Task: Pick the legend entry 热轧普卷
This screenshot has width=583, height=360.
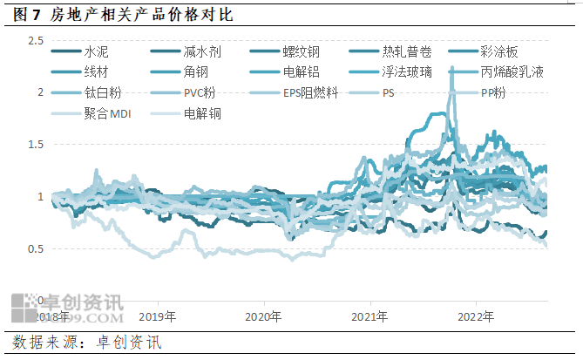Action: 404,52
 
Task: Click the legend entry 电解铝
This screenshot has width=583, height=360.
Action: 302,72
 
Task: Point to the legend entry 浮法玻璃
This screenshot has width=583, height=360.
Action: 404,72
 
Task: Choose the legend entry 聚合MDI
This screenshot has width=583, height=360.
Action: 106,112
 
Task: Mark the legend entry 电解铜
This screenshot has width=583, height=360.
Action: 202,112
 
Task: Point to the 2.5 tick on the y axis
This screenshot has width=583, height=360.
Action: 36,41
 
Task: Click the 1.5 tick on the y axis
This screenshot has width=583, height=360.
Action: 36,145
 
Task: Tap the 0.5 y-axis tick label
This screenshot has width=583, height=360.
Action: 36,249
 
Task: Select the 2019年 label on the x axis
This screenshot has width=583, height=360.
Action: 158,315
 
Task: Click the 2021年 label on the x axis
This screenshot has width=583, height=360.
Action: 371,315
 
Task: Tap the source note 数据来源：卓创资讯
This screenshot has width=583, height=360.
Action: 87,343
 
